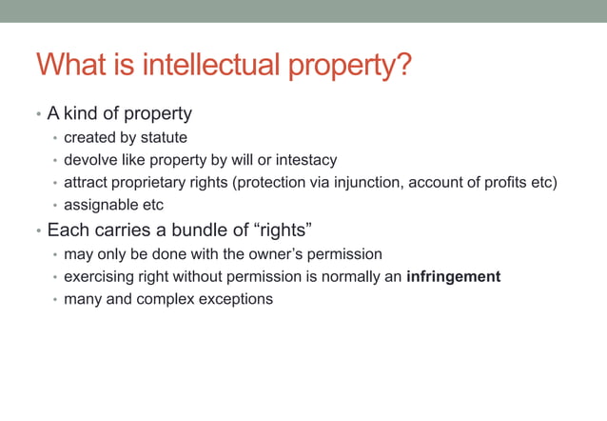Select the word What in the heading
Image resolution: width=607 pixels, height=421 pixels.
(69, 67)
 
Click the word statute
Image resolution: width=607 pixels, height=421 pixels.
(164, 137)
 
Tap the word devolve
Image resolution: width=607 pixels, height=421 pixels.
(92, 160)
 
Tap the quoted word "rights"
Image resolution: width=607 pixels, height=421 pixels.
(283, 230)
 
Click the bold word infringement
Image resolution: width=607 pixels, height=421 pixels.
(453, 276)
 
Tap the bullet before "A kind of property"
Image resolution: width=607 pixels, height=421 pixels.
(38, 115)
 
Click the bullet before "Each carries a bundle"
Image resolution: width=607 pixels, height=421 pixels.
(38, 231)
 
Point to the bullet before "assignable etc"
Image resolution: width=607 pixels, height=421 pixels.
(55, 206)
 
